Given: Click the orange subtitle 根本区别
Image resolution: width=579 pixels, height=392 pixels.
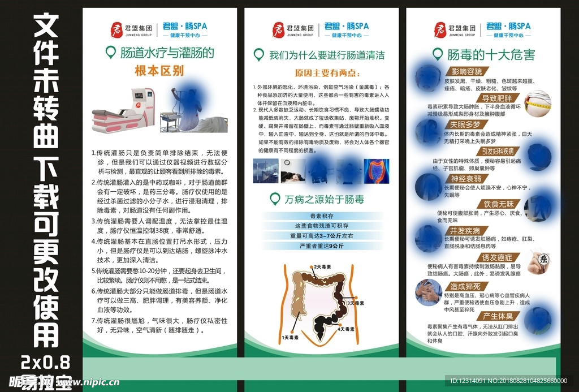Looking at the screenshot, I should pyautogui.click(x=159, y=71).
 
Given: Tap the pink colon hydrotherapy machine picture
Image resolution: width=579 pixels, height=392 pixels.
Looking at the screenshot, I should pyautogui.click(x=123, y=110).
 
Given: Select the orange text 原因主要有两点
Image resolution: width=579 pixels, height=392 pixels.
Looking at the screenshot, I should pyautogui.click(x=319, y=74).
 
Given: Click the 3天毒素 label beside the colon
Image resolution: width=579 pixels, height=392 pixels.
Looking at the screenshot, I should pyautogui.click(x=359, y=303).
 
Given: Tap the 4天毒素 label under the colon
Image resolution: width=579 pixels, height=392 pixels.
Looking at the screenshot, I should pyautogui.click(x=346, y=329).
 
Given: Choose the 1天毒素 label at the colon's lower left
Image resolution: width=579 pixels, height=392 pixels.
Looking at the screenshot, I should pyautogui.click(x=290, y=337).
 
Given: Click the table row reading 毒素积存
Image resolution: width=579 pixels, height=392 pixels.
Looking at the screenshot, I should pyautogui.click(x=321, y=216).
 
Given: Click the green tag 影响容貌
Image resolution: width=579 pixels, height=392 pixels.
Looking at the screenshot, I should pyautogui.click(x=466, y=71).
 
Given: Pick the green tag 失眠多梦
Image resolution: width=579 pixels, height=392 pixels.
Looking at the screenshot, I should pyautogui.click(x=465, y=124).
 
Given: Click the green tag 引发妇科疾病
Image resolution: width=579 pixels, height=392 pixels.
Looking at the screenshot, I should pyautogui.click(x=497, y=151).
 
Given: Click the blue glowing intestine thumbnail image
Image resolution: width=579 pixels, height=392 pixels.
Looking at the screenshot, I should pyautogui.click(x=376, y=170).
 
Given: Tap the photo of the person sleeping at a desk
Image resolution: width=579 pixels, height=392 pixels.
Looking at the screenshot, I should pyautogui.click(x=294, y=171).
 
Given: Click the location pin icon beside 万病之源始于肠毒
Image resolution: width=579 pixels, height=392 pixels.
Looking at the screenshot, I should pyautogui.click(x=275, y=199).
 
